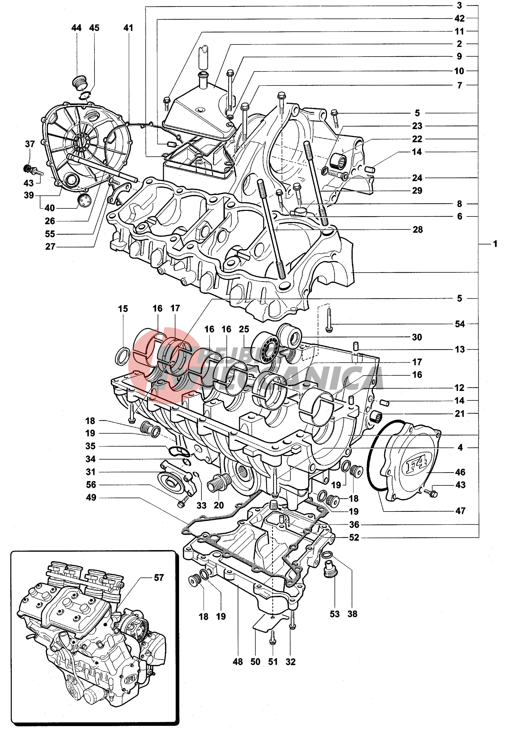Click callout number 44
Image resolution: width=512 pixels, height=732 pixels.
coord(76,28)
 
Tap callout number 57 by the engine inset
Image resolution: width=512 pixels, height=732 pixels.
coord(159,577)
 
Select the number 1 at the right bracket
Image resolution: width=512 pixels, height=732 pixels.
coord(495,244)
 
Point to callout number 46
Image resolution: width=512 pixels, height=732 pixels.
coord(460,472)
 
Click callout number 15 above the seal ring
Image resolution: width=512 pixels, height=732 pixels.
coord(123,308)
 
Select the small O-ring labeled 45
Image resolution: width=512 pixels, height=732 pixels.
coord(85,95)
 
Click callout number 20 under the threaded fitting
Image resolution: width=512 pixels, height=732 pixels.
coord(219,505)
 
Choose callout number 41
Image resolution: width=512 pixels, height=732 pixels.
coord(128,28)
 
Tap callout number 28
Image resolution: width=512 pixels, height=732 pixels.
coord(417,229)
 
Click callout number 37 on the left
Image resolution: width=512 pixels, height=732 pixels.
coord(30,144)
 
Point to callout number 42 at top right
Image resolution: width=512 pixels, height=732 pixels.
coord(459,18)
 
